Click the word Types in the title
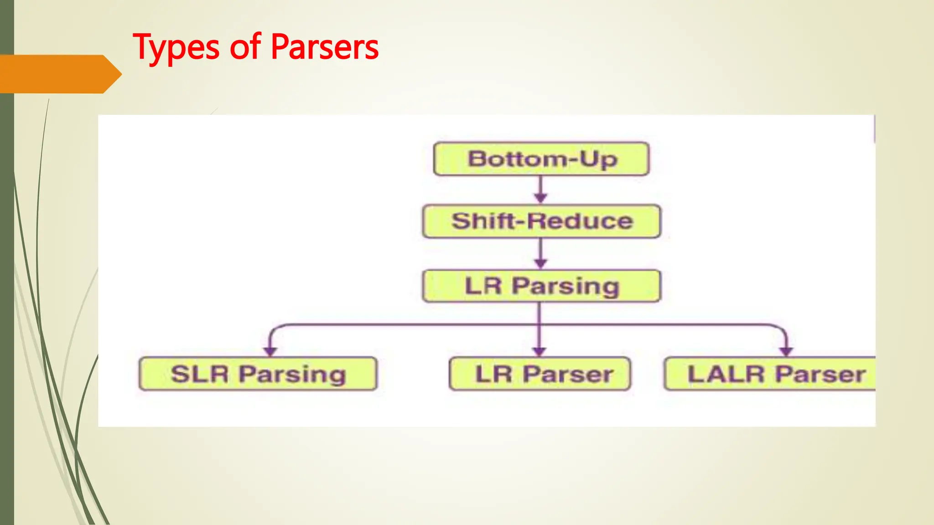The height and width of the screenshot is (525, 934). [x=176, y=47]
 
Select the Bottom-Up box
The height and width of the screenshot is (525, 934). [x=541, y=159]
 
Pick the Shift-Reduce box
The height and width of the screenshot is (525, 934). [x=541, y=221]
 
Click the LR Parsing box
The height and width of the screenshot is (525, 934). [x=541, y=286]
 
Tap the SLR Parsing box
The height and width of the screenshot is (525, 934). [x=258, y=374]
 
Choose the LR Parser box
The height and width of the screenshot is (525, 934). [x=540, y=374]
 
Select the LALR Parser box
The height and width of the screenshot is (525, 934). [x=771, y=374]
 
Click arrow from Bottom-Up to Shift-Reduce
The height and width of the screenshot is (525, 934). [x=540, y=189]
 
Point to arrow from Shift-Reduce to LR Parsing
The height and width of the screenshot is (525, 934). [x=540, y=253]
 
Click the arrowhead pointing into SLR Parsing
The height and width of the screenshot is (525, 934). [x=270, y=351]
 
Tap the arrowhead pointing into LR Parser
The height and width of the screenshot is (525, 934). [x=539, y=351]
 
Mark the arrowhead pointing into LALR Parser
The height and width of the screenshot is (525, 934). [x=786, y=351]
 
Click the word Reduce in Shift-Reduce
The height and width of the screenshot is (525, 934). [x=580, y=221]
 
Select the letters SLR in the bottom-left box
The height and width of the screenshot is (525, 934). [x=199, y=374]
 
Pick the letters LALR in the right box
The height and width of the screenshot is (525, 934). [x=726, y=374]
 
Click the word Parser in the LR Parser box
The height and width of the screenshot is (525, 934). [x=567, y=374]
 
